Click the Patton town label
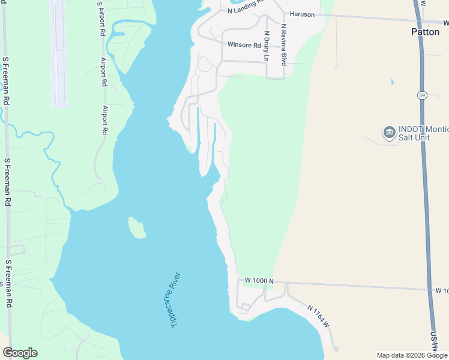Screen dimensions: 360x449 (x=426, y=32)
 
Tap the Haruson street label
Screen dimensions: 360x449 (x=302, y=14)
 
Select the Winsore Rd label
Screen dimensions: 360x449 (x=244, y=44)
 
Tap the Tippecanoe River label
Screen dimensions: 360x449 (x=171, y=300)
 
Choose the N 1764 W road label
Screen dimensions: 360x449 (x=318, y=316)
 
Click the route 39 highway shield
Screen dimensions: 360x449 (x=423, y=95)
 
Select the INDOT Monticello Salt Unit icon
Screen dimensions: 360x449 (x=388, y=131)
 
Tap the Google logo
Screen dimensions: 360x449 (x=20, y=353)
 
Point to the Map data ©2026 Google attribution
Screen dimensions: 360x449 (x=412, y=355)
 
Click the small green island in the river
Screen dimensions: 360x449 (x=137, y=227)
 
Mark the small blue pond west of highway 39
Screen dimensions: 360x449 (x=392, y=82)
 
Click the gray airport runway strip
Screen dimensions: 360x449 (x=58, y=54)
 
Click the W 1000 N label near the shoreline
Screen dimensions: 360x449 (x=259, y=281)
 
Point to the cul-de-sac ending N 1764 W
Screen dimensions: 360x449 (x=336, y=349)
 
